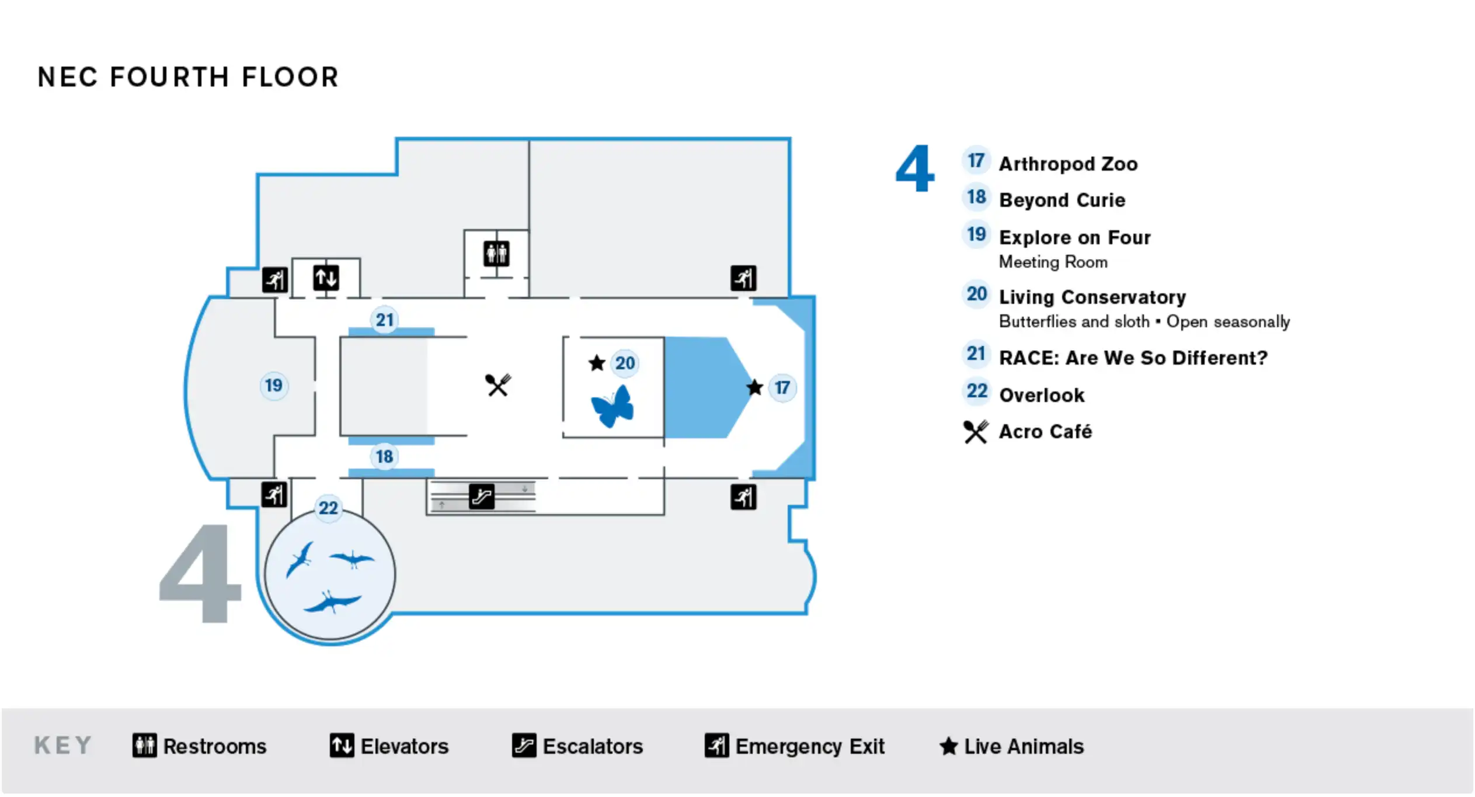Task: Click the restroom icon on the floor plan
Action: point(496,254)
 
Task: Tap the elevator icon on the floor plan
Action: point(326,278)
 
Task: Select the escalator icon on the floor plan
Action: point(482,497)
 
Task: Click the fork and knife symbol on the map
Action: point(498,385)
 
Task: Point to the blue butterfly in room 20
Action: point(613,406)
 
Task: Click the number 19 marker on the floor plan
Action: point(273,386)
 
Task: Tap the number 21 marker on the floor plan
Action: point(384,320)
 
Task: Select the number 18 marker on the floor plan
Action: point(384,456)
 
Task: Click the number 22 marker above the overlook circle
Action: point(328,508)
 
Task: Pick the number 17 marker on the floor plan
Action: point(782,387)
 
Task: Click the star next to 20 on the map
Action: point(596,363)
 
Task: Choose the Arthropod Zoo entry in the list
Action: point(1068,164)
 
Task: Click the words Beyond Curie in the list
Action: point(1062,200)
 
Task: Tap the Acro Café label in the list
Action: point(1045,432)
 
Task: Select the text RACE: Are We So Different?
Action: point(1133,358)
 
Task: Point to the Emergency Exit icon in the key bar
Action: point(717,746)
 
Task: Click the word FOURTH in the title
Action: point(170,77)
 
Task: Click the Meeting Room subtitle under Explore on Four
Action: point(1053,262)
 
